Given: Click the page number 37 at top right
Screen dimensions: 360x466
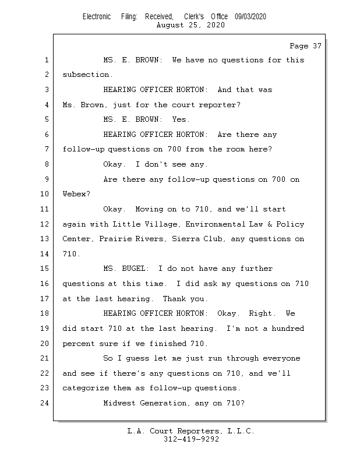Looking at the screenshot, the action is (x=317, y=46).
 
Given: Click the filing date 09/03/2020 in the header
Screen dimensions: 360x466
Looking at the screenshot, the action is (x=250, y=17).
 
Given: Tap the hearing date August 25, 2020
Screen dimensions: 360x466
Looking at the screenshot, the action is (x=190, y=25).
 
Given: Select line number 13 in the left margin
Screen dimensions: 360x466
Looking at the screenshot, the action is (x=44, y=239).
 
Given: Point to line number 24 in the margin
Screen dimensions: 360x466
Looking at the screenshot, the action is (x=44, y=403).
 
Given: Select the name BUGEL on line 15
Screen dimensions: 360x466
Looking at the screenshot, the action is (x=133, y=269).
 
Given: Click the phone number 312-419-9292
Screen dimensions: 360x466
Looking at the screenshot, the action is (x=191, y=439).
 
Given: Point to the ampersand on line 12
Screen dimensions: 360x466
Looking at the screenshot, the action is (x=270, y=224).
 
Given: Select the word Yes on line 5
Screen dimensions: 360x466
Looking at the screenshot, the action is (x=179, y=119).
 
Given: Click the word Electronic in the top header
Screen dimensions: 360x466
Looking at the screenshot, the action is (x=97, y=17).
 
